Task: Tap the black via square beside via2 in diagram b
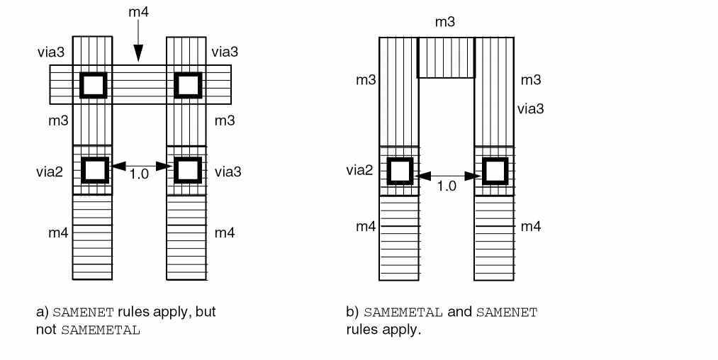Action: pyautogui.click(x=400, y=171)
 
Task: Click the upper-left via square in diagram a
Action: pyautogui.click(x=94, y=85)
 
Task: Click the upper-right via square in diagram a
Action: pyautogui.click(x=187, y=85)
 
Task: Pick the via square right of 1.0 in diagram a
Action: pyautogui.click(x=187, y=170)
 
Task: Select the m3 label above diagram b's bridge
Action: pyautogui.click(x=445, y=23)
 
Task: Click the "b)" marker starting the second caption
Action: pyautogui.click(x=352, y=311)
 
